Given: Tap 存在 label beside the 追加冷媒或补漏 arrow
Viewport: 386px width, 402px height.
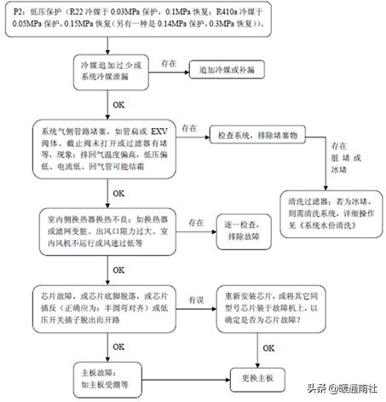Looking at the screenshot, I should (x=168, y=61).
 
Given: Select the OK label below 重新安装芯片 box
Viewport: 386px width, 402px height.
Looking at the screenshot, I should (x=268, y=347).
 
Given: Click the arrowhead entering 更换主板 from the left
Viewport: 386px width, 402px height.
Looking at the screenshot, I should (x=227, y=376).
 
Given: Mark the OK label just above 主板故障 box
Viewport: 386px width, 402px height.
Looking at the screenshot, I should (x=131, y=347).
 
